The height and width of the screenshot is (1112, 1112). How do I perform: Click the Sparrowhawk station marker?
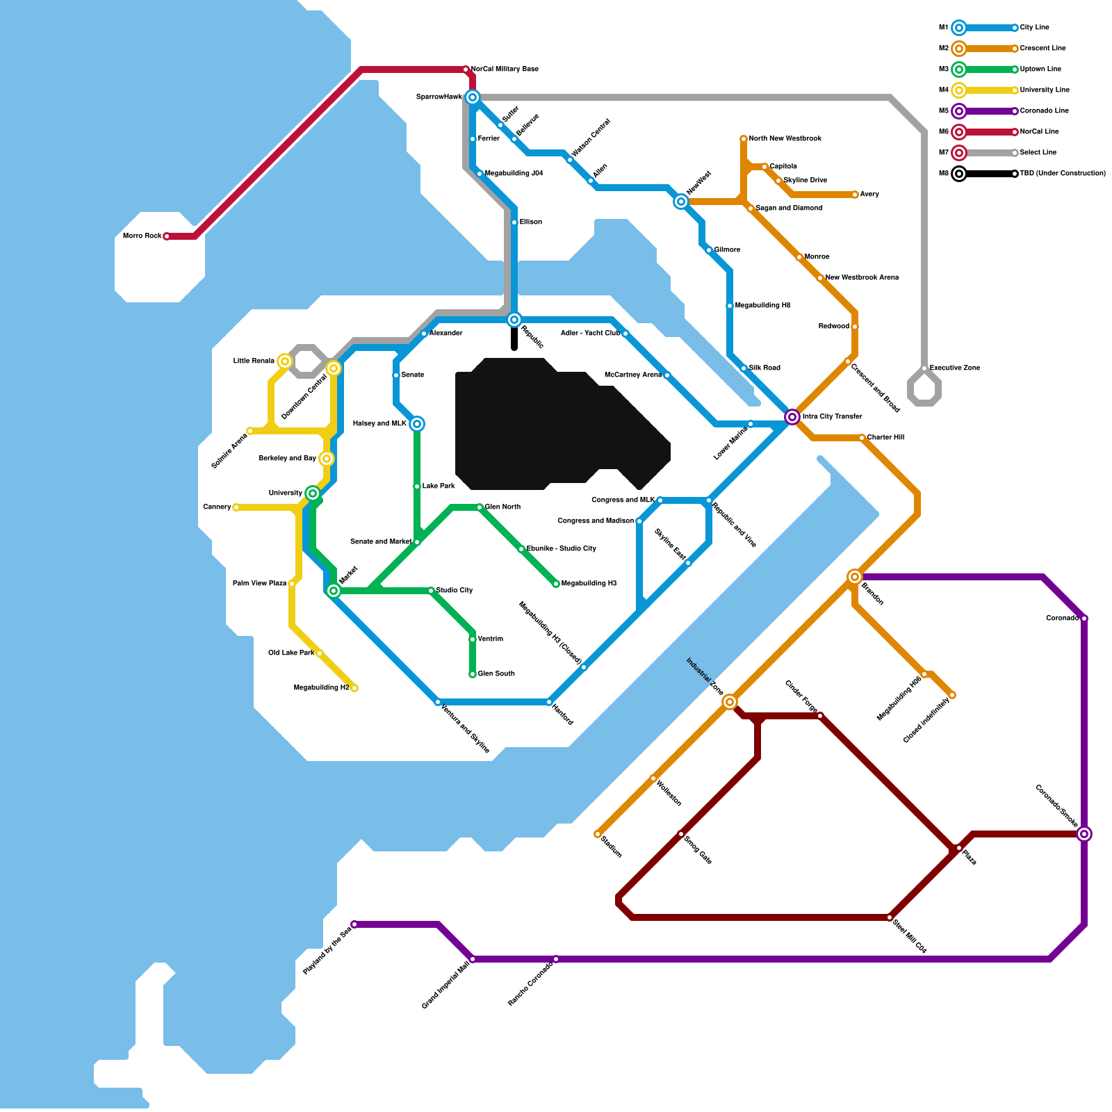point(473,97)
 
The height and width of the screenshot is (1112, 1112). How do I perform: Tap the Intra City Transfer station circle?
point(792,417)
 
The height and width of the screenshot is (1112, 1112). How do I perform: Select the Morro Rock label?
point(142,236)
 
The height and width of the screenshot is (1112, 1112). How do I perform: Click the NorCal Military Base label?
point(505,69)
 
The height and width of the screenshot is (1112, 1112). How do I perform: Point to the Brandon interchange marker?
point(855,577)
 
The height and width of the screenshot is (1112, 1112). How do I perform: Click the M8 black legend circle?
point(959,174)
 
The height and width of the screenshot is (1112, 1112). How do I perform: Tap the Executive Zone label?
point(955,368)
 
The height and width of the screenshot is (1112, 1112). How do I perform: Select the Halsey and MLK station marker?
point(417,424)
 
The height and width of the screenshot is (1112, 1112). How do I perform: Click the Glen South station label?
point(496,674)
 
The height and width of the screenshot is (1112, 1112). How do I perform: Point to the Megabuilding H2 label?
point(321,688)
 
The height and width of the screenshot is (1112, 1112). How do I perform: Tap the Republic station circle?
point(514,320)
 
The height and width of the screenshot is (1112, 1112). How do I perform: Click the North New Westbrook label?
point(785,139)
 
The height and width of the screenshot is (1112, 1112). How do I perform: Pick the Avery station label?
point(869,195)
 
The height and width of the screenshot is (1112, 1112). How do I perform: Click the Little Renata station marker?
point(285,361)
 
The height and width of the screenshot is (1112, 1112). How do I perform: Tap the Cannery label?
point(217,507)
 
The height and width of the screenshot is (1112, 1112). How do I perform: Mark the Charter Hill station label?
point(885,438)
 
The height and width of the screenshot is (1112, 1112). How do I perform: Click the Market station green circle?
point(334,591)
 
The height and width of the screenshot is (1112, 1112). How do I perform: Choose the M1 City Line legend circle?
point(959,28)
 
